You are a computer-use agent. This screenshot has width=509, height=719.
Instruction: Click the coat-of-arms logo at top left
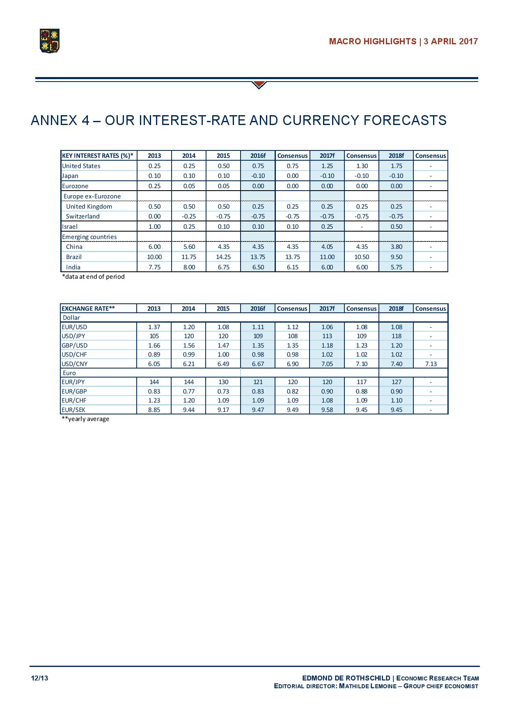pyautogui.click(x=49, y=41)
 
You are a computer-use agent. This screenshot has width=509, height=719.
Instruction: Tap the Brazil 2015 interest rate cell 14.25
pyautogui.click(x=223, y=257)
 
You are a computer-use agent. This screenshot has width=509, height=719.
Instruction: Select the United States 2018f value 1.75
pyautogui.click(x=396, y=166)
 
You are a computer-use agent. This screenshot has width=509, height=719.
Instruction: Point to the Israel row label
pyautogui.click(x=70, y=227)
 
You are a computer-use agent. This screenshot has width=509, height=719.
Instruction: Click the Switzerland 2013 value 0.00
pyautogui.click(x=154, y=216)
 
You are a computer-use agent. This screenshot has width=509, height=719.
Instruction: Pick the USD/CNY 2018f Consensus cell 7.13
pyautogui.click(x=431, y=364)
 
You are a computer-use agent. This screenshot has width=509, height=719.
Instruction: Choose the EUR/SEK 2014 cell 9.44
pyautogui.click(x=189, y=410)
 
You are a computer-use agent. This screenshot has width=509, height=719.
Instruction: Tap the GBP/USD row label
pyautogui.click(x=74, y=346)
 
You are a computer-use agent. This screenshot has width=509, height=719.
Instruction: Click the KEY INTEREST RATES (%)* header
pyautogui.click(x=98, y=156)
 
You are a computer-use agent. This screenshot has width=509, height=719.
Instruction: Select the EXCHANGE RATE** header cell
pyautogui.click(x=88, y=309)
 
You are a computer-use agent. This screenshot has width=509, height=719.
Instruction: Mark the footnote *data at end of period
pyautogui.click(x=93, y=277)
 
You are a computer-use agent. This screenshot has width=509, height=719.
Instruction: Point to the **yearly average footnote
pyautogui.click(x=85, y=419)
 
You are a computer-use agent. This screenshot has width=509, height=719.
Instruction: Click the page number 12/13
pyautogui.click(x=39, y=678)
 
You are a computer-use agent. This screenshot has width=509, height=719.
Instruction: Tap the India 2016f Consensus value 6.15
pyautogui.click(x=293, y=267)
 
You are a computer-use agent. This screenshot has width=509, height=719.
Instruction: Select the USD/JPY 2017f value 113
pyautogui.click(x=327, y=336)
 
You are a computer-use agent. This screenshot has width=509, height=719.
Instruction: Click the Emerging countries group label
pyautogui.click(x=89, y=237)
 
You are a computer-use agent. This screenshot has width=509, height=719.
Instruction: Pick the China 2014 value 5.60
pyautogui.click(x=189, y=247)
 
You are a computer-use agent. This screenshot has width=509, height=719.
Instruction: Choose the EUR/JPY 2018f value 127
pyautogui.click(x=396, y=382)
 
